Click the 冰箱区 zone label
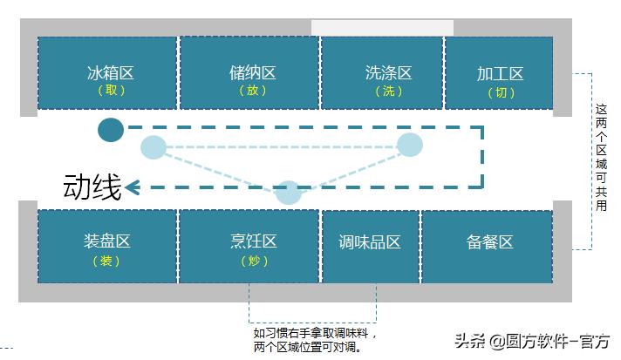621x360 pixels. coord(109,73)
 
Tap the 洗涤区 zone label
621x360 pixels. coord(389,73)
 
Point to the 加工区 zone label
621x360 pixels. coord(500,74)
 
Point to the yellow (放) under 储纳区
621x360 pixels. coord(251,91)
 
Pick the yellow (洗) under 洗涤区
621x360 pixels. coord(389,91)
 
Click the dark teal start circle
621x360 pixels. coord(111,130)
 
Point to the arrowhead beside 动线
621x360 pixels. coord(133,187)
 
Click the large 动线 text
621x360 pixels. coord(92,187)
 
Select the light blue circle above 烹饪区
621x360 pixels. coord(288,192)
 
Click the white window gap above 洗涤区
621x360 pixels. coord(382,28)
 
